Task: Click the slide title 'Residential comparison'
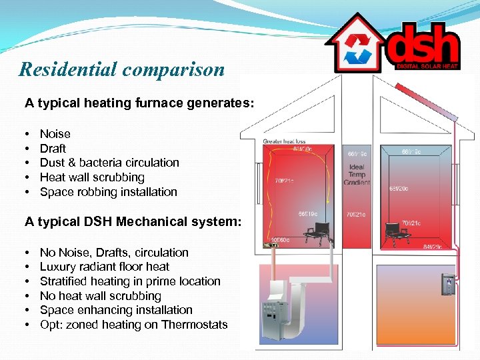122,69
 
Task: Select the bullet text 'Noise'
55,134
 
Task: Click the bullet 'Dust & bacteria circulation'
109,163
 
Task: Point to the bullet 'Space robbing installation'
108,192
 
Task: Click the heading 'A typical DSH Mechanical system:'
133,222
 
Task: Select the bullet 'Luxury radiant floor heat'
105,267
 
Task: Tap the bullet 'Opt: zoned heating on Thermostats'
133,325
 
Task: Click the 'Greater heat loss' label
285,141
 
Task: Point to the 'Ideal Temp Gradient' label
357,175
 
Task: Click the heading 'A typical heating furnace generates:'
139,103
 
